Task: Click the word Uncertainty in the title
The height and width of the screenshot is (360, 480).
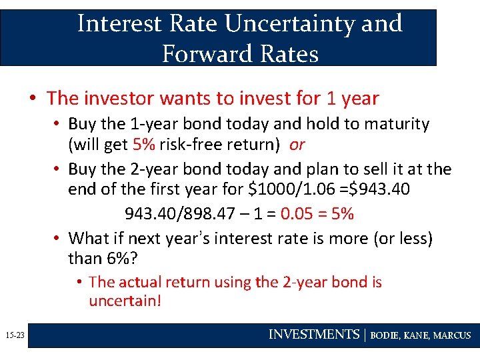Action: pyautogui.click(x=287, y=24)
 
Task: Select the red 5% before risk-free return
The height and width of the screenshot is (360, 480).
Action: pyautogui.click(x=145, y=145)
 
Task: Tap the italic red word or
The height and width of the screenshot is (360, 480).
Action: pyautogui.click(x=297, y=145)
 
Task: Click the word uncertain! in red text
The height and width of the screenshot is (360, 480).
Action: pyautogui.click(x=125, y=301)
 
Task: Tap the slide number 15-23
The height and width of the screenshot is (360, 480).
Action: pyautogui.click(x=13, y=335)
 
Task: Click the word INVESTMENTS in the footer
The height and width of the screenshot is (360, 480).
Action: pyautogui.click(x=313, y=335)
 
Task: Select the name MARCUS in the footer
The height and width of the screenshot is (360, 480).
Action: pyautogui.click(x=452, y=335)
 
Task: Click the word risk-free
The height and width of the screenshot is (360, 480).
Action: pyautogui.click(x=192, y=145)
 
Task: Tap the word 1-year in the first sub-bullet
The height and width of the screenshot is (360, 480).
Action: pyautogui.click(x=151, y=124)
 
